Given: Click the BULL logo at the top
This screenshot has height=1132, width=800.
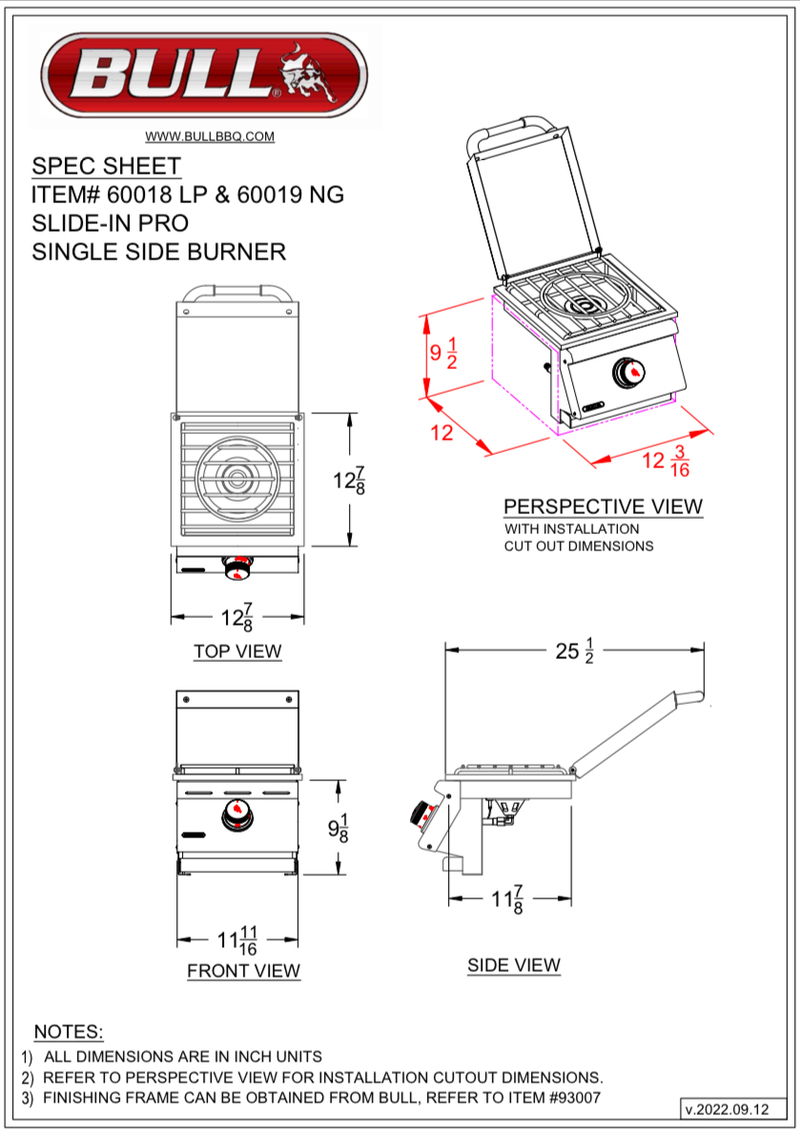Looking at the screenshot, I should [204, 75].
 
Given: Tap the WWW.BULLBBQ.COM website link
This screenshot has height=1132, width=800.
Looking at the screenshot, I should [210, 136].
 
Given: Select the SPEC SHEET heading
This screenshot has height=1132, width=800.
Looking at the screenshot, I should [106, 166].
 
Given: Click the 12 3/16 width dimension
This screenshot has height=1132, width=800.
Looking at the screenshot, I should [666, 462].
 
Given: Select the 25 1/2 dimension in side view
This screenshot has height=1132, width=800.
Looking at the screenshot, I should [575, 651].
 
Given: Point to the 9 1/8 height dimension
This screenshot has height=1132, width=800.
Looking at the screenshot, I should [338, 828].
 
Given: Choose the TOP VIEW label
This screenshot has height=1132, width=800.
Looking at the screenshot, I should [237, 651].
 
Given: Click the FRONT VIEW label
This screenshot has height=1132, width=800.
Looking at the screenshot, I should [243, 971].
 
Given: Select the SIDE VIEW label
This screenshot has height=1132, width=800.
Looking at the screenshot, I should [513, 965].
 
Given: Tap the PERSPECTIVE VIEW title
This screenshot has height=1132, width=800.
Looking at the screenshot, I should [603, 506].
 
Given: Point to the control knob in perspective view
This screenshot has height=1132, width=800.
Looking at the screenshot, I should [627, 372].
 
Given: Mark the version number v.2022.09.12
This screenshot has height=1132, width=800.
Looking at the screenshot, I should [726, 1109].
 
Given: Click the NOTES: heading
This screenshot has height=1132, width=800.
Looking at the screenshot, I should [69, 1032].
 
